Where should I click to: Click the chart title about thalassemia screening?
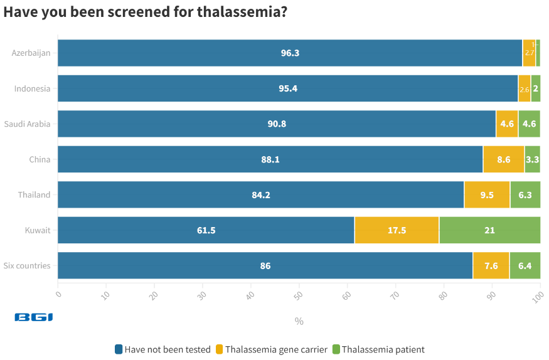(146, 12)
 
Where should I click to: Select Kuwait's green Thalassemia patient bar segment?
(489, 230)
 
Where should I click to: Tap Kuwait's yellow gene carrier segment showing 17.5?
(397, 230)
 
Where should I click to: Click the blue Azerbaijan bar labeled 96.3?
(290, 53)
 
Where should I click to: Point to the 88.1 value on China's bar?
(270, 159)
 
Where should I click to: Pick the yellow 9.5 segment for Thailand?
(487, 195)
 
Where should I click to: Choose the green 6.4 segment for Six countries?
(525, 266)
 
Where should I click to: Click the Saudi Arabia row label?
(27, 124)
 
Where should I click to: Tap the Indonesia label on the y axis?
(32, 88)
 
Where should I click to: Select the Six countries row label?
(27, 266)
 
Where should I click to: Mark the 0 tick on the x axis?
(58, 292)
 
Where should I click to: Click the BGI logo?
(34, 317)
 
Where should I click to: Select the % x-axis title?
(299, 321)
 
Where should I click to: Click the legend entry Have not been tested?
(163, 349)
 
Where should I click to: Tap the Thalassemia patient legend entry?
(378, 349)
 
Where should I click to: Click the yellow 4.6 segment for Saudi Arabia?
(506, 124)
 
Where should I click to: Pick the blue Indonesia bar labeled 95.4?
(288, 88)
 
